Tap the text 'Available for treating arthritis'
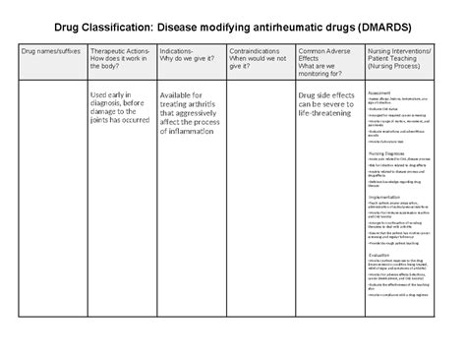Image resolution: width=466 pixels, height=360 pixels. click(x=189, y=100)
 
